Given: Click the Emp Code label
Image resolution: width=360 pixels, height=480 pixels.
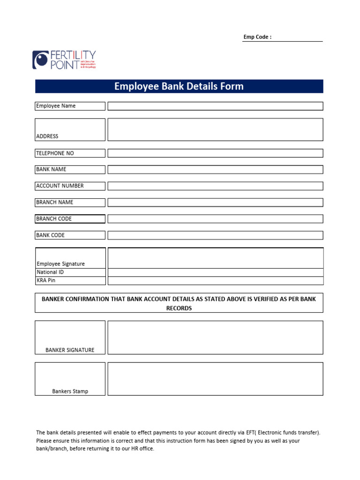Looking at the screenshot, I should tap(257, 37).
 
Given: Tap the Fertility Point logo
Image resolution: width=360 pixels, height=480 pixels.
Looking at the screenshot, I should tap(64, 60).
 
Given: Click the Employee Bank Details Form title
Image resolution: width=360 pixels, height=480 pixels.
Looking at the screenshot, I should tap(179, 86).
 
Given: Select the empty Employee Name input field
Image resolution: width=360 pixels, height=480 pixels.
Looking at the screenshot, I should tap(215, 106).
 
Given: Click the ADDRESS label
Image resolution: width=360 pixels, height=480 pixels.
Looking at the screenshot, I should tap(47, 136).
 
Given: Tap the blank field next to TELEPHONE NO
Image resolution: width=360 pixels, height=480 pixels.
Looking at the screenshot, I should tap(215, 153).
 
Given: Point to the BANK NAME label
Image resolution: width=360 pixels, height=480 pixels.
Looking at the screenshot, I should tap(51, 169).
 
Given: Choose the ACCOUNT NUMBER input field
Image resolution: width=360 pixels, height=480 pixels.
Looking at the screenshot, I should tap(215, 186).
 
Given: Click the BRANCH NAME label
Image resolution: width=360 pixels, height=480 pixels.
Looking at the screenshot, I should tap(54, 202).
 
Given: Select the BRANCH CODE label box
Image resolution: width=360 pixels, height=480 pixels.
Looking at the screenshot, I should tap(70, 219).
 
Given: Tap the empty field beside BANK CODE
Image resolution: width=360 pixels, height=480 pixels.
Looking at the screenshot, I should tap(215, 235).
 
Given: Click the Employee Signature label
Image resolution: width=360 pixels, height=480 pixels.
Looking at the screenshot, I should tap(60, 264).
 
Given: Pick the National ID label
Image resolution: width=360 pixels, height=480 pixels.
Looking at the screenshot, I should tap(50, 272).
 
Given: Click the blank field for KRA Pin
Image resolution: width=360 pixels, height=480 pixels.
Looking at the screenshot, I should tap(215, 281).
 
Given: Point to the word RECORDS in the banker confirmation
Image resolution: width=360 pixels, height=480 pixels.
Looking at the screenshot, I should tap(179, 308).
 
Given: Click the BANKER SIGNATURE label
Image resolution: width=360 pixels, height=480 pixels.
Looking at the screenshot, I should tap(70, 350).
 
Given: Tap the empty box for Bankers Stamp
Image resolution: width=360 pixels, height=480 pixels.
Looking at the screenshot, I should tap(215, 379).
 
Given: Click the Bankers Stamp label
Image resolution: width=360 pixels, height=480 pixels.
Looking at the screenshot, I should tap(70, 391).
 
